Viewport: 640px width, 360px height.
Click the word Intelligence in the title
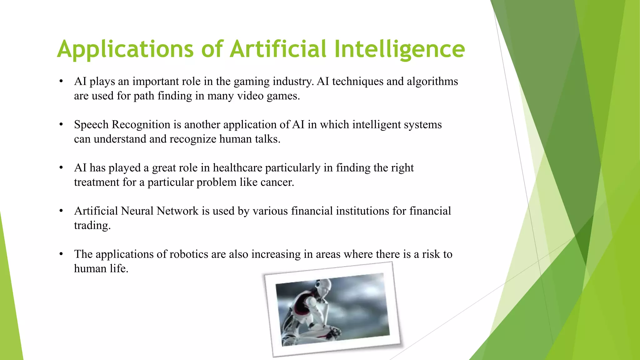399,49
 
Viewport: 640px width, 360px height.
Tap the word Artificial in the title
278,49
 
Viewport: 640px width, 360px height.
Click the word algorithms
432,82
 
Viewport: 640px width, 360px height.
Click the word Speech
91,125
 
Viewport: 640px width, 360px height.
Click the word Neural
137,211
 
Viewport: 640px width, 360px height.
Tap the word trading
92,226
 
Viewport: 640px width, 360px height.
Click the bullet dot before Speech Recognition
61,125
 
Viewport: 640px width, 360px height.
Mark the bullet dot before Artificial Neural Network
61,211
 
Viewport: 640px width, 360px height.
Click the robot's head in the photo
325,285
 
